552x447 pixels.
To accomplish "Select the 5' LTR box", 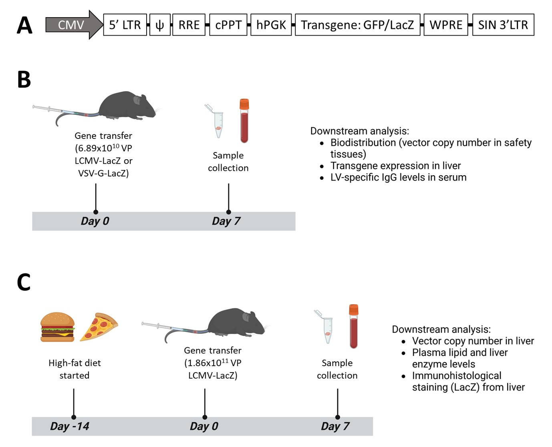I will point(125,25).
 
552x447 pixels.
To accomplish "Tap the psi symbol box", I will point(160,25).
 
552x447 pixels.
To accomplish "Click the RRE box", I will point(189,25).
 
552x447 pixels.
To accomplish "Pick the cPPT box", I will point(228,25).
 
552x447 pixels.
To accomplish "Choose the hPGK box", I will point(271,25).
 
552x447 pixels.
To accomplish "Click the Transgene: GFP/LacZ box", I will point(357,25).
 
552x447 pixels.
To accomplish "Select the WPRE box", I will point(445,25).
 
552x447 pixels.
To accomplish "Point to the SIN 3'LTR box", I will point(503,25).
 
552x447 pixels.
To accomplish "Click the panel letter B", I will point(24,80).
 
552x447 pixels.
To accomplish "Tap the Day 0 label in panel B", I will point(95,221).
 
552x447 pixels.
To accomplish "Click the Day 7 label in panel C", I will point(335,426).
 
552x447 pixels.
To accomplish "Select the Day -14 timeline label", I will point(70,426).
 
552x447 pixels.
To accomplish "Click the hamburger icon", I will point(58,327).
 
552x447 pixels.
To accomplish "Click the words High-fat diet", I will point(75,363).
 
